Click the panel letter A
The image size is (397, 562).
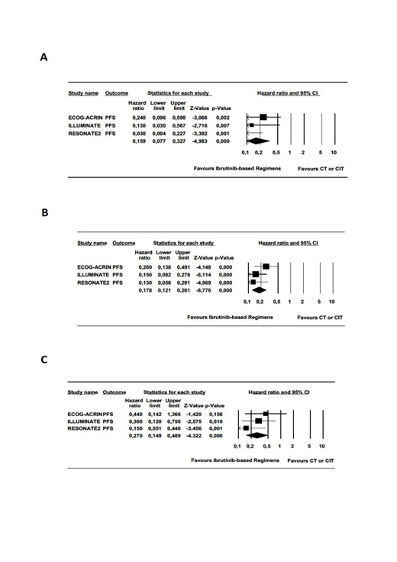(x=44, y=57)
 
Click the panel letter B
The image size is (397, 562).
(x=44, y=213)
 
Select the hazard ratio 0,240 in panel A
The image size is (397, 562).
(x=137, y=117)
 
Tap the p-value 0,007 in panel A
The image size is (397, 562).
(x=222, y=125)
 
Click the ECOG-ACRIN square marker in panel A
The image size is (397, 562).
(x=263, y=117)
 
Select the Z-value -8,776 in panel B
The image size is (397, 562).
(x=203, y=290)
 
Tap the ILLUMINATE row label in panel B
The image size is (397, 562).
(x=94, y=274)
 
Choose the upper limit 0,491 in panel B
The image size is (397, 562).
(x=183, y=266)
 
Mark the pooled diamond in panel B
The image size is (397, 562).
(x=260, y=290)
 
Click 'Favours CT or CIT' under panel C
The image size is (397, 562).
(x=311, y=460)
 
